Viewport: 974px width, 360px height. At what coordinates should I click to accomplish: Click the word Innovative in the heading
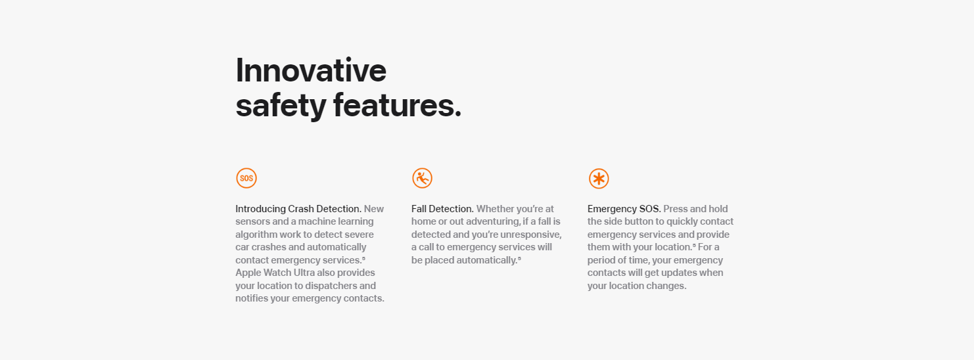(311, 70)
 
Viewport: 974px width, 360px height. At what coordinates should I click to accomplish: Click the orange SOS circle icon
(246, 178)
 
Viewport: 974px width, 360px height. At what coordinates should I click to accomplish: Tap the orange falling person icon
(422, 178)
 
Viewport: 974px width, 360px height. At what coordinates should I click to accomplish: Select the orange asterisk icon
(599, 179)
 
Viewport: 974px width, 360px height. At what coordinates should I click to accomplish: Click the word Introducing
(260, 209)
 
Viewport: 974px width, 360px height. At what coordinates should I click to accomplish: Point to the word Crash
(301, 209)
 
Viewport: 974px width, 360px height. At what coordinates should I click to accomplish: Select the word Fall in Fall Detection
(419, 209)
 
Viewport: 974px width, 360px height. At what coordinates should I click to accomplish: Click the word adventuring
(493, 222)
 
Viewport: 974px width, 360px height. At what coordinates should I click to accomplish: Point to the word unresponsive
(531, 235)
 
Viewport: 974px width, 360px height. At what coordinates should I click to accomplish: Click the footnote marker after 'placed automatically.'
(519, 259)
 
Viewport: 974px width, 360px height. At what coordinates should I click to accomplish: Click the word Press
(675, 209)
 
